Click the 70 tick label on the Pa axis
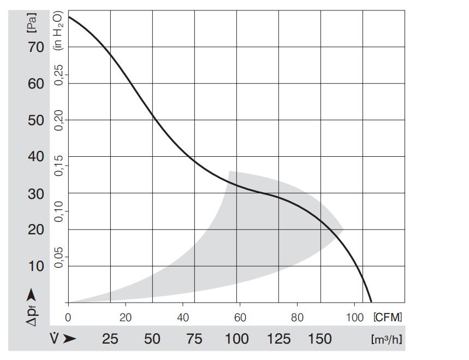pyautogui.click(x=36, y=47)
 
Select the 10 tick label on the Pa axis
pyautogui.click(x=36, y=266)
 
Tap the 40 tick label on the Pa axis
pyautogui.click(x=36, y=157)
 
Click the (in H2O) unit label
pyautogui.click(x=58, y=31)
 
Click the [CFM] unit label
pyautogui.click(x=388, y=317)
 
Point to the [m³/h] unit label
pyautogui.click(x=387, y=339)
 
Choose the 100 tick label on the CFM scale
pyautogui.click(x=355, y=317)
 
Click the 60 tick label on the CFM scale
pyautogui.click(x=240, y=317)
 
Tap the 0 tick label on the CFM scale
pyautogui.click(x=68, y=317)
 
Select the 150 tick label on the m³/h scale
pyautogui.click(x=319, y=339)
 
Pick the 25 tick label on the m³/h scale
pyautogui.click(x=110, y=339)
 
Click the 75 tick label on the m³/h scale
pyautogui.click(x=194, y=339)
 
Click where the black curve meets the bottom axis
pyautogui.click(x=371, y=302)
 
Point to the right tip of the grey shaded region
pyautogui.click(x=343, y=230)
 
